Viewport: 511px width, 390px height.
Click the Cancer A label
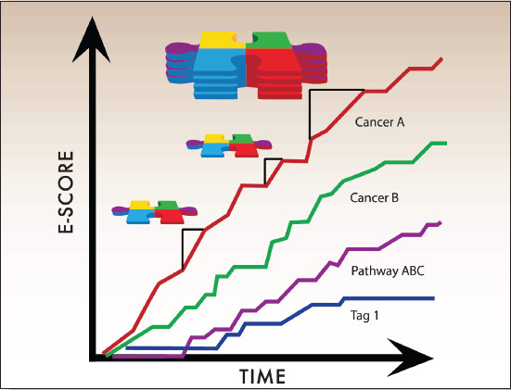click(379, 122)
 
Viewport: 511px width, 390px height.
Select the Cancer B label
click(374, 197)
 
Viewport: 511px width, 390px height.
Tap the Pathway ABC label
click(388, 271)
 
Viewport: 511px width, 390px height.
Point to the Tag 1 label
click(364, 316)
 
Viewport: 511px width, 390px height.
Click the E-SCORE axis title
click(66, 192)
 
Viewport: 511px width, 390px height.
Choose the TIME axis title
click(262, 376)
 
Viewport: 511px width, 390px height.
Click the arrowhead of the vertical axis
click(92, 40)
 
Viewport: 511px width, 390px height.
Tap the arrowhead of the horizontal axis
click(410, 358)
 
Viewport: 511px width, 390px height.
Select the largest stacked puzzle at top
click(247, 65)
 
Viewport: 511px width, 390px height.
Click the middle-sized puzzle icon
click(229, 145)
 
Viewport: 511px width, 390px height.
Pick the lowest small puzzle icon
click(154, 212)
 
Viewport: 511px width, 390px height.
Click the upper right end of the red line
click(441, 58)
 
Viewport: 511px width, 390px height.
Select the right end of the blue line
click(433, 298)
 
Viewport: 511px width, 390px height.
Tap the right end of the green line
click(445, 144)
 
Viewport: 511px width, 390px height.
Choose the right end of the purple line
click(441, 222)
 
